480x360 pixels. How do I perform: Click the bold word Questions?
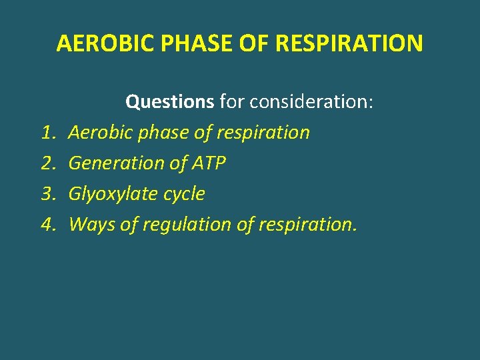(x=169, y=102)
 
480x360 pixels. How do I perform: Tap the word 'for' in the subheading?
(x=231, y=102)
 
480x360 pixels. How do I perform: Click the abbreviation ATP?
(x=208, y=163)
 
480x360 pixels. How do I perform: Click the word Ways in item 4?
(x=92, y=225)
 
